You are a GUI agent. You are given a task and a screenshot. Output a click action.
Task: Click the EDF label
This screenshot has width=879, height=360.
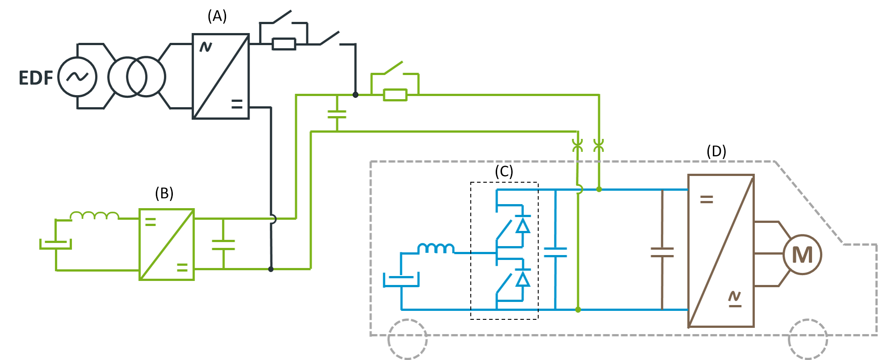[x=36, y=78]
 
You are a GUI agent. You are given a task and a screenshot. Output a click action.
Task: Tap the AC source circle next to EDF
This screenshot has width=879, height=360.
[x=78, y=77]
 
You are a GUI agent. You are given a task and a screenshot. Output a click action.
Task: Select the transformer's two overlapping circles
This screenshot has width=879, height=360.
[x=137, y=77]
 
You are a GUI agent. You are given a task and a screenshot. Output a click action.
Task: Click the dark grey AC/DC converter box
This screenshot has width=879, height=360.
[x=221, y=76]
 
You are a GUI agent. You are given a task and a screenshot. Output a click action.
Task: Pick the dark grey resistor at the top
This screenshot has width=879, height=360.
[x=284, y=44]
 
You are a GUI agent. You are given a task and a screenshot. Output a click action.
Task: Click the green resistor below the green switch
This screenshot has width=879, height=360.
[x=395, y=95]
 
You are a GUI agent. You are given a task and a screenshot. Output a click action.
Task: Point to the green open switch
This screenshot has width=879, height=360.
[x=393, y=68]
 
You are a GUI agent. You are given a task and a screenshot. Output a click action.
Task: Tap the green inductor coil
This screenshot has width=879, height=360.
[x=95, y=216]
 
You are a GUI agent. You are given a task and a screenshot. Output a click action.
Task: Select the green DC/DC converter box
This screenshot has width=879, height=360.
[x=167, y=244]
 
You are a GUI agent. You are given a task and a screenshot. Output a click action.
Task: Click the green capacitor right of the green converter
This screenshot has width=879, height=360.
[x=223, y=244]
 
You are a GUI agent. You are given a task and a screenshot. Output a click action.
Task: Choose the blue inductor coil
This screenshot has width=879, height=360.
[x=436, y=248]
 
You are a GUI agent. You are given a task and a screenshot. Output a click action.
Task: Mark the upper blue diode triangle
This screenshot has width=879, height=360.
[x=523, y=226]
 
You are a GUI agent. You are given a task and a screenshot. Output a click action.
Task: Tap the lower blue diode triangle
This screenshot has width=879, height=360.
[x=523, y=279]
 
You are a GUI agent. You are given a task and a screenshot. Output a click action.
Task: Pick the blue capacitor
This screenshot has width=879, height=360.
[x=555, y=252]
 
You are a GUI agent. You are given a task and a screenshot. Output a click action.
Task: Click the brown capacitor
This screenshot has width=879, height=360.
[x=662, y=252]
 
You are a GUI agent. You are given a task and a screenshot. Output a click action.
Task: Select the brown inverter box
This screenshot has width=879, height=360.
[x=721, y=251]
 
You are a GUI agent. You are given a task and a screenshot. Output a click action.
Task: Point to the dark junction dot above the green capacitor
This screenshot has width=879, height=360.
[x=356, y=95]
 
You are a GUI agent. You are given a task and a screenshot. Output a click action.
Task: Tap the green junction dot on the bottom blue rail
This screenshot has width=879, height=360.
[x=578, y=310]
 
